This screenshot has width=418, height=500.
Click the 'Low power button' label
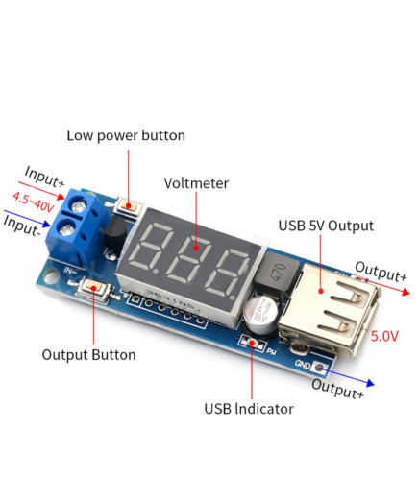[x=126, y=135]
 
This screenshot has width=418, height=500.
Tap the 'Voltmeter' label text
[x=196, y=183]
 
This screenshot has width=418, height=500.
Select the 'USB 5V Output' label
[x=326, y=226]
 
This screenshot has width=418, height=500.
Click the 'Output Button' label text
[x=88, y=355]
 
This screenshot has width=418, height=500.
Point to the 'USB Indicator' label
[x=249, y=409]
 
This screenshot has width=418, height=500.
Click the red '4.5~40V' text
[x=34, y=202]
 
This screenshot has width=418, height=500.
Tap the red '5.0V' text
[x=384, y=336]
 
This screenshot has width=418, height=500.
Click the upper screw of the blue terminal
[x=78, y=206]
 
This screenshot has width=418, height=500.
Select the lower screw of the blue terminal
[x=66, y=229]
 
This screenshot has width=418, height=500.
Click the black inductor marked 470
[x=278, y=273]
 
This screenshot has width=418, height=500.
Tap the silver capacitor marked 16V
[x=260, y=314]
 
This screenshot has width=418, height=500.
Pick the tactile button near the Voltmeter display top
[x=128, y=207]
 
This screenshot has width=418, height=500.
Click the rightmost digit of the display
[x=229, y=273]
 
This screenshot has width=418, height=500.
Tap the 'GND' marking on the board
[x=302, y=364]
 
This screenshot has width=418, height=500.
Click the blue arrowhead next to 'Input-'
[x=47, y=224]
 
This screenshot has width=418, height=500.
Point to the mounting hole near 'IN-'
[x=50, y=276]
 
